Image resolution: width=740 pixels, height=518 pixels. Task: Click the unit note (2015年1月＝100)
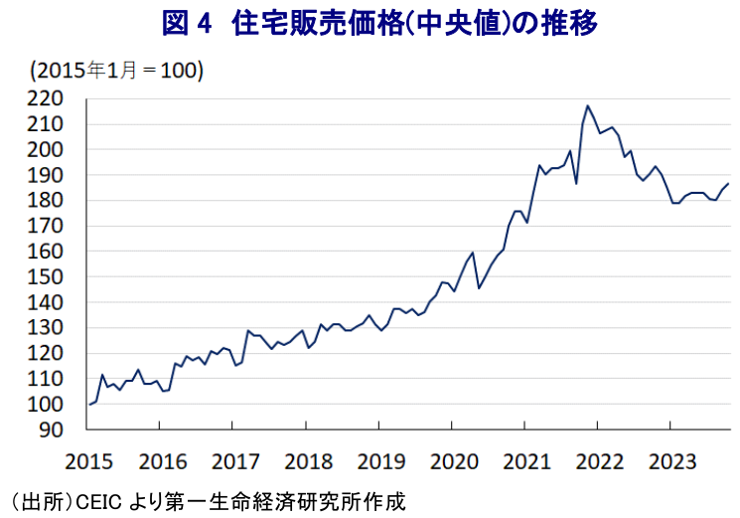(x=117, y=71)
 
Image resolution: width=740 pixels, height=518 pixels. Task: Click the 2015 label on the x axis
(x=89, y=459)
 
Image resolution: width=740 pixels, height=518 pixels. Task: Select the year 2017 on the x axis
(x=235, y=459)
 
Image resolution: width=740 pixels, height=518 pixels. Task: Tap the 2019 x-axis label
(x=380, y=459)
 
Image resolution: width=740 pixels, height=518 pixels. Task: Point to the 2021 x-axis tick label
(x=526, y=459)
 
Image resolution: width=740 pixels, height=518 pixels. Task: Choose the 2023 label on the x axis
(x=671, y=459)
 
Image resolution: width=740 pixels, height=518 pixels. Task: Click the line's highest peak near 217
(x=587, y=105)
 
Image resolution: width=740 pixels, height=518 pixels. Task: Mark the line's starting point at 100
(x=89, y=405)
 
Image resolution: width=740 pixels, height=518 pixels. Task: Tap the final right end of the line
(x=729, y=183)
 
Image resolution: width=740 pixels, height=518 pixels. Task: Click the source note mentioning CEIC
(x=209, y=500)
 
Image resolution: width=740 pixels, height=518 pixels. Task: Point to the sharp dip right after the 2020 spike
(x=479, y=288)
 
